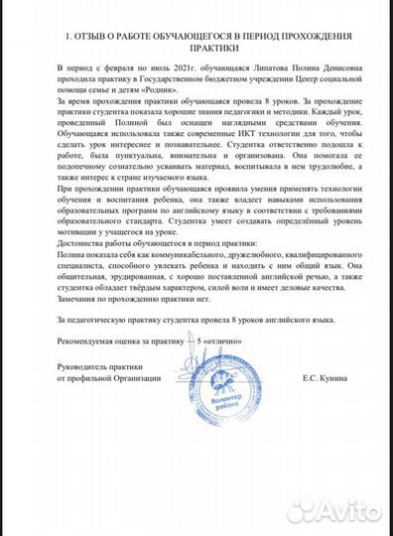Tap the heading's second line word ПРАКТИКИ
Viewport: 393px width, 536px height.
[x=196, y=48]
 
